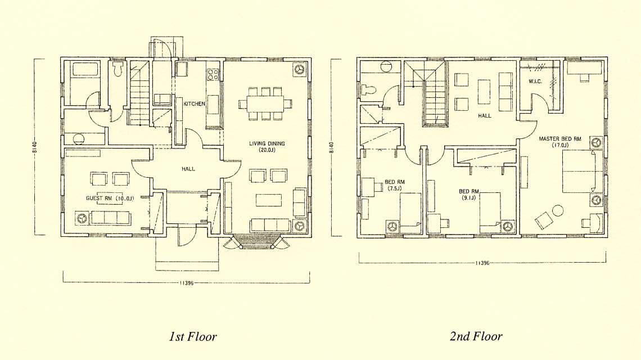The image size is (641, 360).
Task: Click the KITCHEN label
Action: (194, 104)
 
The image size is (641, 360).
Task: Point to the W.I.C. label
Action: (535, 82)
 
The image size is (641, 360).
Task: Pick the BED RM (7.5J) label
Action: (395, 185)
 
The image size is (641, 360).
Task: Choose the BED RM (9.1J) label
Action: (468, 194)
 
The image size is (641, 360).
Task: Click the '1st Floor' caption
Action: (192, 337)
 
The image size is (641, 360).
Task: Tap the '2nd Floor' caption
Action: (476, 336)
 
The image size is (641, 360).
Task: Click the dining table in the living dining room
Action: (265, 103)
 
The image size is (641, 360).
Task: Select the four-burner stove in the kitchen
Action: (213, 74)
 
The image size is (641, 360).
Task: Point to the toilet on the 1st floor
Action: (119, 69)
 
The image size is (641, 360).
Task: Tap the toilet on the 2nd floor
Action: (369, 89)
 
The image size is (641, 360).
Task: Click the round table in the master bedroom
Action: (558, 211)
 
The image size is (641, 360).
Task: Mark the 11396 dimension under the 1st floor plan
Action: (186, 283)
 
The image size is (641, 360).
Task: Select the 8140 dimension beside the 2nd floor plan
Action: (332, 147)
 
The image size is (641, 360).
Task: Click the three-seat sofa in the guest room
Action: (110, 218)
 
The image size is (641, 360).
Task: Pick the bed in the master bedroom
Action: (583, 172)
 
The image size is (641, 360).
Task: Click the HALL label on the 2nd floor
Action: (485, 116)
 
